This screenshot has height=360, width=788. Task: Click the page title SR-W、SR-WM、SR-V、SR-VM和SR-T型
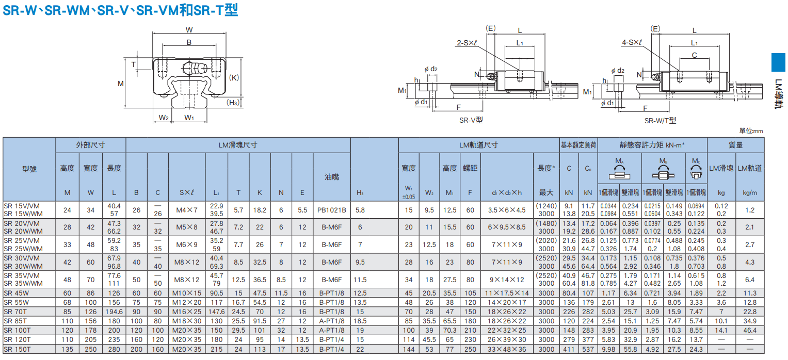[120, 10]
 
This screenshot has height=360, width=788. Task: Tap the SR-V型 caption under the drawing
[471, 120]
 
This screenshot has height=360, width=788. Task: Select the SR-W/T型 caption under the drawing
[661, 121]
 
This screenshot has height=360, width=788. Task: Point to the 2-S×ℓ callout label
[467, 43]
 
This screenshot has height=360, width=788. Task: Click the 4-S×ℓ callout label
[632, 42]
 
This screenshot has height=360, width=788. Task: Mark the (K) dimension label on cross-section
[234, 78]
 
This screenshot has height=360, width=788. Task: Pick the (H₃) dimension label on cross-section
[233, 102]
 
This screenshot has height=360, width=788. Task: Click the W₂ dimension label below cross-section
[164, 118]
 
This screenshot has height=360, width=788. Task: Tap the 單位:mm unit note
[751, 131]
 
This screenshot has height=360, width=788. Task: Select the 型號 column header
[29, 169]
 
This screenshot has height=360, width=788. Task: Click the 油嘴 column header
[332, 177]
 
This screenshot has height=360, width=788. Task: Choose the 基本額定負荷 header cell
[578, 145]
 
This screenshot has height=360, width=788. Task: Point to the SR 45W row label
[16, 293]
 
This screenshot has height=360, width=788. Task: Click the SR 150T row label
[17, 350]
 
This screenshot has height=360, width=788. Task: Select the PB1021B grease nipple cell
[332, 210]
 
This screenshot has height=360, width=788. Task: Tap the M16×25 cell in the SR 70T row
[187, 312]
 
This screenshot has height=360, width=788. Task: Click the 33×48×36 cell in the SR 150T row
[507, 350]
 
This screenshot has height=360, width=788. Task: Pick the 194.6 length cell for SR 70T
[114, 312]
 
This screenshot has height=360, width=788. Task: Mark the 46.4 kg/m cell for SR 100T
[750, 331]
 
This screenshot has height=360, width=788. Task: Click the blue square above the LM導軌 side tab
[778, 62]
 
